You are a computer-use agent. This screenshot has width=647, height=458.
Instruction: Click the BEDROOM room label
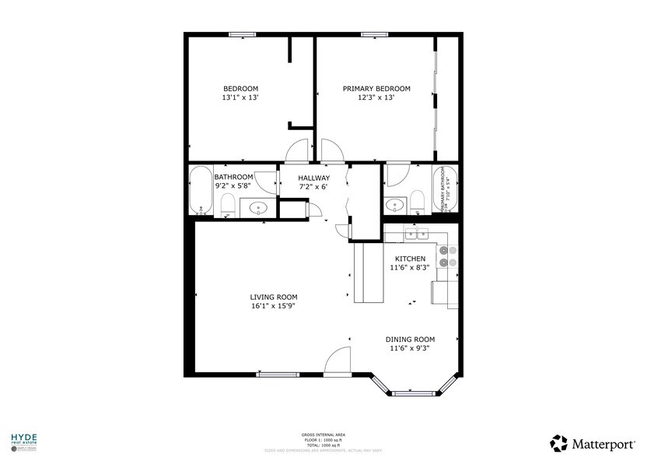pos(240,89)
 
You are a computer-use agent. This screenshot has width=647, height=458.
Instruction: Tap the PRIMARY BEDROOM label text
pos(376,89)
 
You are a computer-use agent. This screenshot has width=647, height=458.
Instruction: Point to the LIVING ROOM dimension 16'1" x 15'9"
pos(273,306)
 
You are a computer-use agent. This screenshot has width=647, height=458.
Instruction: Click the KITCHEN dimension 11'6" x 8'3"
pos(410,268)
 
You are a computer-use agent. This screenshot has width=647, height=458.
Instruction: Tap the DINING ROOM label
pos(410,340)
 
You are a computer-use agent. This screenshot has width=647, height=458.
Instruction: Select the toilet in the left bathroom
pos(228,205)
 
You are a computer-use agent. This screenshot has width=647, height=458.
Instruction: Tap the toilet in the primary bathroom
pos(417,203)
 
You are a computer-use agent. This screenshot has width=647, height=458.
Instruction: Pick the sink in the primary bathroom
pos(395,206)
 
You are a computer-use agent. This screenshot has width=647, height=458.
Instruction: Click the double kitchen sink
pos(417,233)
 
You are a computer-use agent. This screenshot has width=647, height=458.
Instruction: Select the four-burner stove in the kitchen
pos(447,256)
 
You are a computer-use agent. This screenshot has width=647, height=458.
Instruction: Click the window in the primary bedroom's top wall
pos(376,33)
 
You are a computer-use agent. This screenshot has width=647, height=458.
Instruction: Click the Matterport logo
pos(591,443)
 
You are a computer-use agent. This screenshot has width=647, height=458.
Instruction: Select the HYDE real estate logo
pos(23,442)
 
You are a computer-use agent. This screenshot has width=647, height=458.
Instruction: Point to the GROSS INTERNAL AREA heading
pos(323,435)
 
